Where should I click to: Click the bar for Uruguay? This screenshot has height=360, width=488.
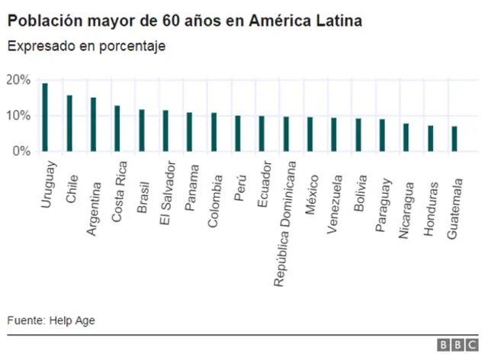(45, 117)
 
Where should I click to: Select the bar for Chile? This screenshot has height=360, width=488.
(69, 124)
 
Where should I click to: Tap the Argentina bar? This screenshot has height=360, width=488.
(93, 124)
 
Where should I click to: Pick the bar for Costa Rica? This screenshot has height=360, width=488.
(117, 129)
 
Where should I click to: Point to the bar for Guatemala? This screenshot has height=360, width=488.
(454, 139)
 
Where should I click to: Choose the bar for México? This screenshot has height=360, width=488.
(310, 134)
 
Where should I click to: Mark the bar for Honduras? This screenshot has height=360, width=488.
(431, 139)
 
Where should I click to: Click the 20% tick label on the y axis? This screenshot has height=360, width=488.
(18, 80)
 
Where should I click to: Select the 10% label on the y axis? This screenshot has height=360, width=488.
(18, 116)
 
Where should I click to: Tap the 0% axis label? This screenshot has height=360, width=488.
(21, 152)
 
